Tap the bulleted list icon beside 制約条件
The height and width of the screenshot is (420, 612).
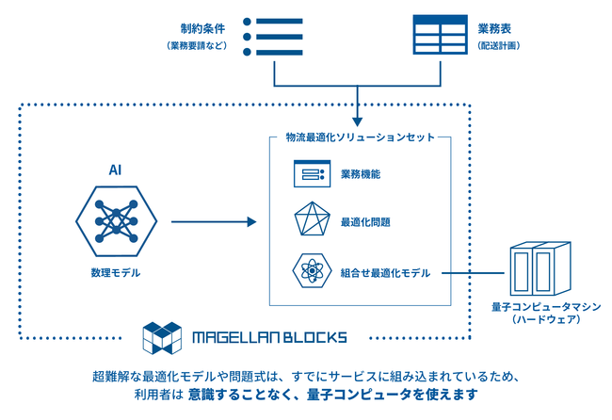click(273, 37)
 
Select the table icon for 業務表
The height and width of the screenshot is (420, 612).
click(441, 36)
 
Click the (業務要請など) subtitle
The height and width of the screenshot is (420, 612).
click(197, 44)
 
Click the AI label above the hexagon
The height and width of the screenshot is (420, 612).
click(114, 170)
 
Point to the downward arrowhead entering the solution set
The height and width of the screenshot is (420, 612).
click(358, 121)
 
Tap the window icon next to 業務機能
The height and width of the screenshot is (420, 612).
click(310, 173)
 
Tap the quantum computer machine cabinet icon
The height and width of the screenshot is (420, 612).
click(539, 271)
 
